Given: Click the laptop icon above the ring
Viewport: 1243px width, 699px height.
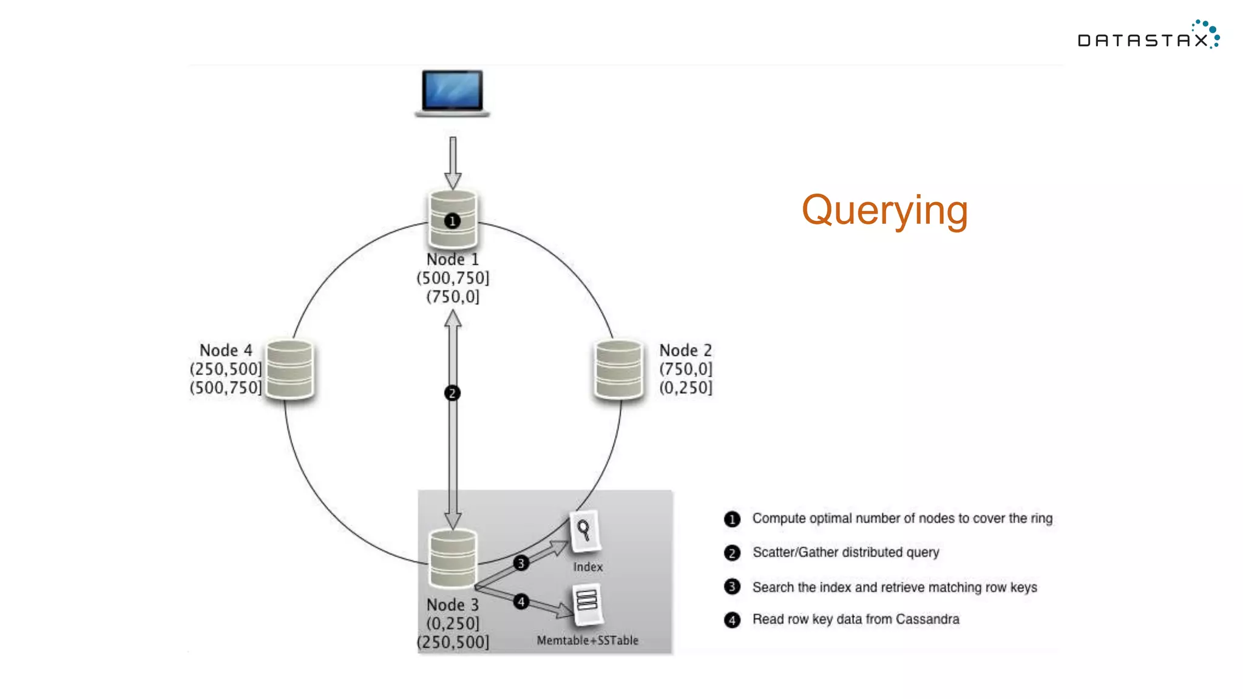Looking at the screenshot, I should tap(452, 92).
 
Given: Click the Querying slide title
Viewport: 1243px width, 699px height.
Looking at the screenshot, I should tap(884, 211).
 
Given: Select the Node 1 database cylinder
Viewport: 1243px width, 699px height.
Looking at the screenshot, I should tap(452, 220).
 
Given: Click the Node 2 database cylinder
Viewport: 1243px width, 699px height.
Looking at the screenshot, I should tap(618, 369).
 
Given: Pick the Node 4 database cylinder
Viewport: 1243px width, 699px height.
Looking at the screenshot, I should tap(290, 369).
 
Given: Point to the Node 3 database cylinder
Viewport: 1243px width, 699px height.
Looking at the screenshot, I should tap(452, 558).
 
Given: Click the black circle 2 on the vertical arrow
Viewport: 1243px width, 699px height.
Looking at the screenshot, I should tap(452, 393).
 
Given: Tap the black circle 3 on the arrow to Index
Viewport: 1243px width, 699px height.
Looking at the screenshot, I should tap(521, 563).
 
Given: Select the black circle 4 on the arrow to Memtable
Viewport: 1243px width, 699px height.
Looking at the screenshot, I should tap(521, 601).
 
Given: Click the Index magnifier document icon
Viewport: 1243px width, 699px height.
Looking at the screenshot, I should tap(584, 531).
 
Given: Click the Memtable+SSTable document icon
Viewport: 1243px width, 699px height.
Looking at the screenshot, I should tap(587, 603).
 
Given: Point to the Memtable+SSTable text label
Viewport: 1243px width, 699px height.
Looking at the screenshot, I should tap(587, 640).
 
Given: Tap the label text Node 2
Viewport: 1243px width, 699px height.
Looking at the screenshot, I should tap(685, 350).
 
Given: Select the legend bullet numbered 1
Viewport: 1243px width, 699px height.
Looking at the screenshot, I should tap(732, 519).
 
